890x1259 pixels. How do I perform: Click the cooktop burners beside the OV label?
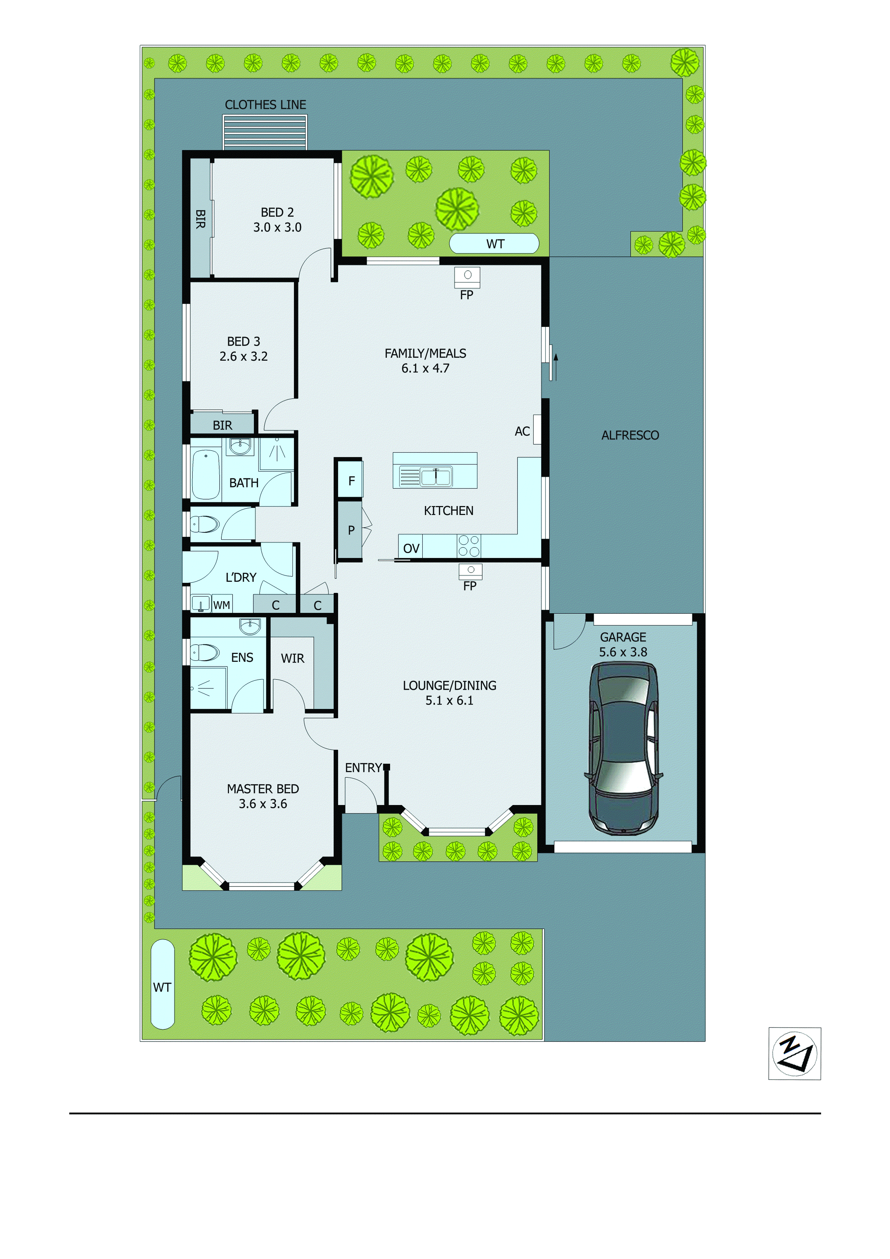click(468, 546)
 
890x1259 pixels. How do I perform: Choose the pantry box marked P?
click(351, 530)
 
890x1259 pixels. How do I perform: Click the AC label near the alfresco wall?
click(522, 431)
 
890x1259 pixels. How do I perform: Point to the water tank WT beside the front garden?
click(162, 984)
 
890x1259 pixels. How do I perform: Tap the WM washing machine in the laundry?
click(221, 605)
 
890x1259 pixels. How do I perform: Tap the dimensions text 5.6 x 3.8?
click(623, 652)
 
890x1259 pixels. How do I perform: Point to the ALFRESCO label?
click(630, 435)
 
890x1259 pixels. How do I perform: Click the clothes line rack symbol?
click(265, 132)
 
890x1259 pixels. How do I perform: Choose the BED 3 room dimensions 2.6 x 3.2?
click(243, 356)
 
